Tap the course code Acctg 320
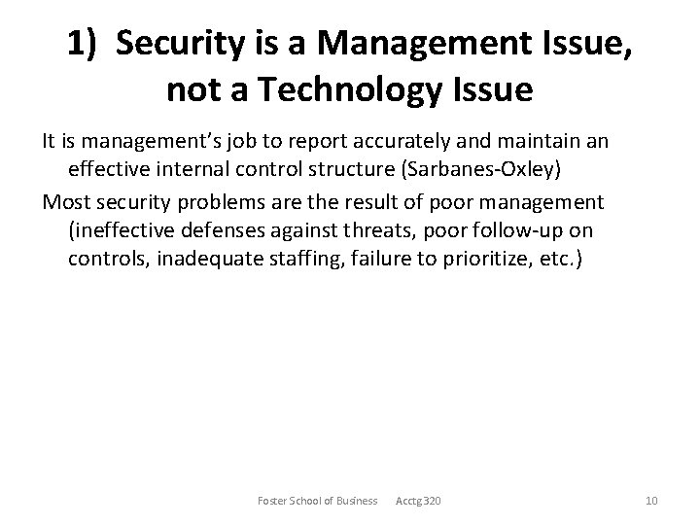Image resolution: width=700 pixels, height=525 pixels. (x=418, y=500)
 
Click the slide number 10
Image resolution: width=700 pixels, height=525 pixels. (x=652, y=500)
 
